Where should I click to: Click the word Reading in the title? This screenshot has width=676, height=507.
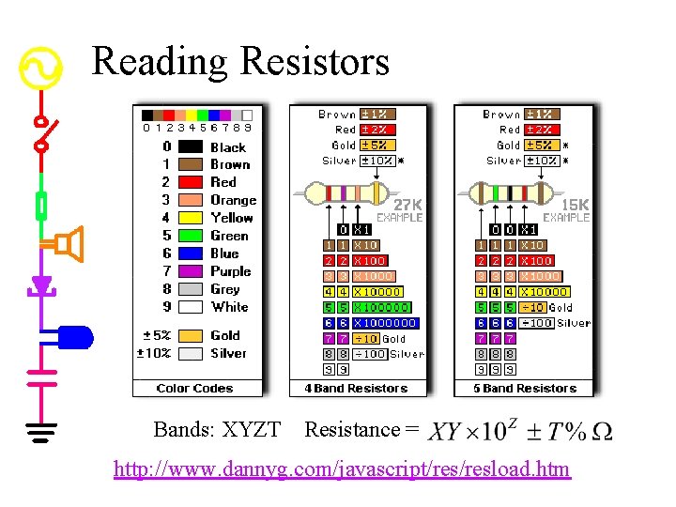tap(160, 62)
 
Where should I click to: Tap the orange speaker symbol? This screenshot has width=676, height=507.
tap(69, 244)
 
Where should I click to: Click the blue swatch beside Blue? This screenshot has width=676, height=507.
tap(191, 253)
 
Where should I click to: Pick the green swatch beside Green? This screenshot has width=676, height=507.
tap(191, 236)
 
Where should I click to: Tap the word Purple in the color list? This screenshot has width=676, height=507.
tap(231, 271)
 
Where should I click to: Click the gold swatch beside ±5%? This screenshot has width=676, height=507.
tap(191, 335)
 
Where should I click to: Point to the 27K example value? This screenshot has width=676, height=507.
tap(407, 204)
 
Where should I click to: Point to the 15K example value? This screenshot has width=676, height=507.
tap(575, 204)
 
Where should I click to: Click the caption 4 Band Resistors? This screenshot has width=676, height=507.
tap(356, 389)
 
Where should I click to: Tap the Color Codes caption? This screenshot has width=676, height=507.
tap(195, 389)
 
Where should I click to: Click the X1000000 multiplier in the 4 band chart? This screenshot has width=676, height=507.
tap(385, 323)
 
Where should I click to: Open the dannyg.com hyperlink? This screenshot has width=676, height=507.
tap(342, 469)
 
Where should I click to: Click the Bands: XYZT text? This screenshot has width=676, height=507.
tap(217, 430)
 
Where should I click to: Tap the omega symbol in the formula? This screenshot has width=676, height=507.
tap(602, 432)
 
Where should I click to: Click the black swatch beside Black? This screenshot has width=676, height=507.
tap(191, 146)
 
